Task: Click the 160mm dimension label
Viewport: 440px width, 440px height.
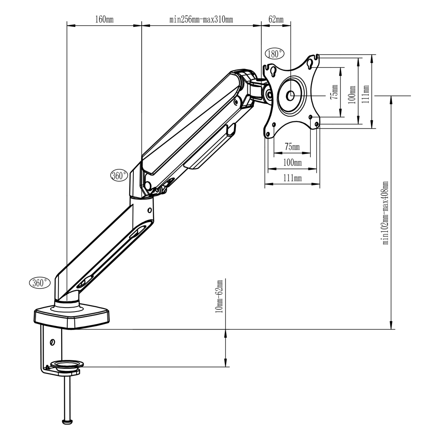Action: point(104,19)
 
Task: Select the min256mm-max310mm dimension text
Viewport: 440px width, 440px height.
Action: point(201,19)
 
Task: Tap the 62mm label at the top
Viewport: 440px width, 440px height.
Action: point(276,19)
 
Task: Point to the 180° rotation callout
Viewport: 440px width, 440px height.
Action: point(275,54)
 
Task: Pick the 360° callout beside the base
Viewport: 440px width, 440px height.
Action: point(40,282)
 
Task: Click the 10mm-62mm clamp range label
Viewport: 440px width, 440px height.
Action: point(220,296)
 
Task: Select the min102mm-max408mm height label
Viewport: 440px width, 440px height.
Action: point(385,213)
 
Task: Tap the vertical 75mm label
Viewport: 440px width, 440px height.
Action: point(334,92)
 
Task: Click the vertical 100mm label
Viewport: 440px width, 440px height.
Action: point(352,95)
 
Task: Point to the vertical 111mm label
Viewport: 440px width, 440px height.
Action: point(365,94)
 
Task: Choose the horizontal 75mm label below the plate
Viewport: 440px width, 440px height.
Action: point(292,147)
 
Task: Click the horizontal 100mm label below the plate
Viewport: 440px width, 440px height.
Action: point(293,162)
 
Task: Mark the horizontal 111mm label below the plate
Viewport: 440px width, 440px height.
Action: point(293,178)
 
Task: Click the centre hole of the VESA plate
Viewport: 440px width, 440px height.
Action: point(290,95)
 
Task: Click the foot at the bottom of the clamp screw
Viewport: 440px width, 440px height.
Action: point(67,422)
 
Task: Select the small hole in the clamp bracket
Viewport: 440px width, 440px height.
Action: point(52,342)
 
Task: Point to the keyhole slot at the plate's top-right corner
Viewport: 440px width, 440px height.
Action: point(310,64)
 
